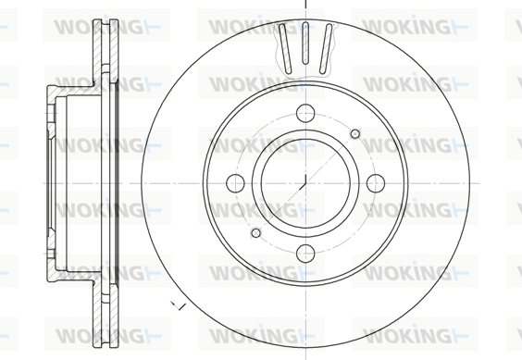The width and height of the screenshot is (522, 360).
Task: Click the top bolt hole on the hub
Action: (x=305, y=113)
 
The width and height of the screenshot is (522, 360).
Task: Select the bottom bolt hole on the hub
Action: (x=305, y=254)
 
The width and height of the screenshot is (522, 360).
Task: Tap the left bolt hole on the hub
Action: (x=235, y=183)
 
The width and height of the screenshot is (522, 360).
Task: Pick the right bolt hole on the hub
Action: (x=376, y=183)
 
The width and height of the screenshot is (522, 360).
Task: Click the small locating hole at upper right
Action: (x=355, y=134)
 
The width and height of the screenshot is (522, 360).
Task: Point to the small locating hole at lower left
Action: (x=255, y=233)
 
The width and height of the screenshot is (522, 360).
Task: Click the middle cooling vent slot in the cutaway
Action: (x=305, y=43)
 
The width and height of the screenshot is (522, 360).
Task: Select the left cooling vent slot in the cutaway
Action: (x=285, y=48)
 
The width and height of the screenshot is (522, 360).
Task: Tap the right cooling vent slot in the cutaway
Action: (x=326, y=48)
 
